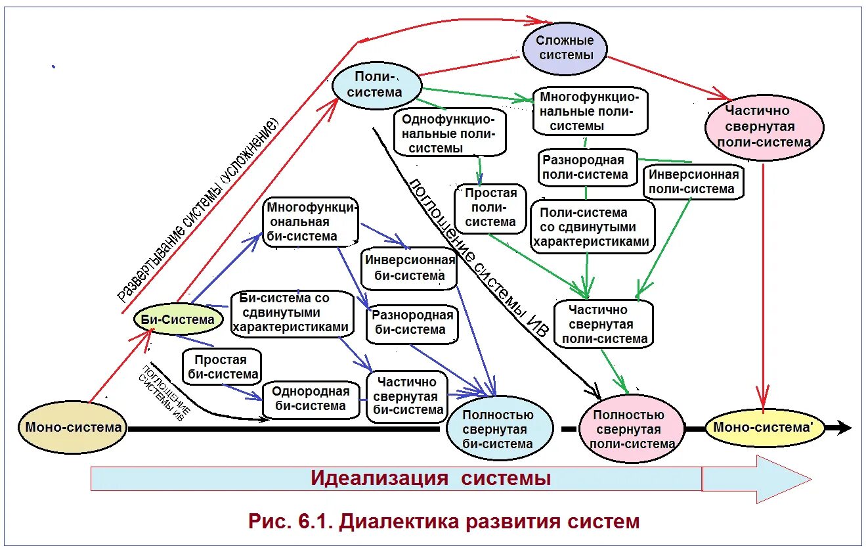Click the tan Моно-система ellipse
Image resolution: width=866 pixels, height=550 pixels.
(x=73, y=428)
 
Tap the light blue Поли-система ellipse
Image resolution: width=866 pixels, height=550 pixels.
(x=376, y=85)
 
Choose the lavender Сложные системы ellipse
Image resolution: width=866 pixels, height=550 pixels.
(x=565, y=48)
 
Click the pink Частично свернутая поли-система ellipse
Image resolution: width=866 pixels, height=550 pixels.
(x=764, y=127)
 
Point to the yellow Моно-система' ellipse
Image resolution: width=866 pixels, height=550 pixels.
(x=762, y=427)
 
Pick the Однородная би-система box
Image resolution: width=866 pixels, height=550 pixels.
(x=311, y=399)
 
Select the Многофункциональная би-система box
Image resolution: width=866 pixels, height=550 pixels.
(x=311, y=222)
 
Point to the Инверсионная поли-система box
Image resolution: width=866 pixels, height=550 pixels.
(x=694, y=182)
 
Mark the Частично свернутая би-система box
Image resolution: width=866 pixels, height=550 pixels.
(x=408, y=396)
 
